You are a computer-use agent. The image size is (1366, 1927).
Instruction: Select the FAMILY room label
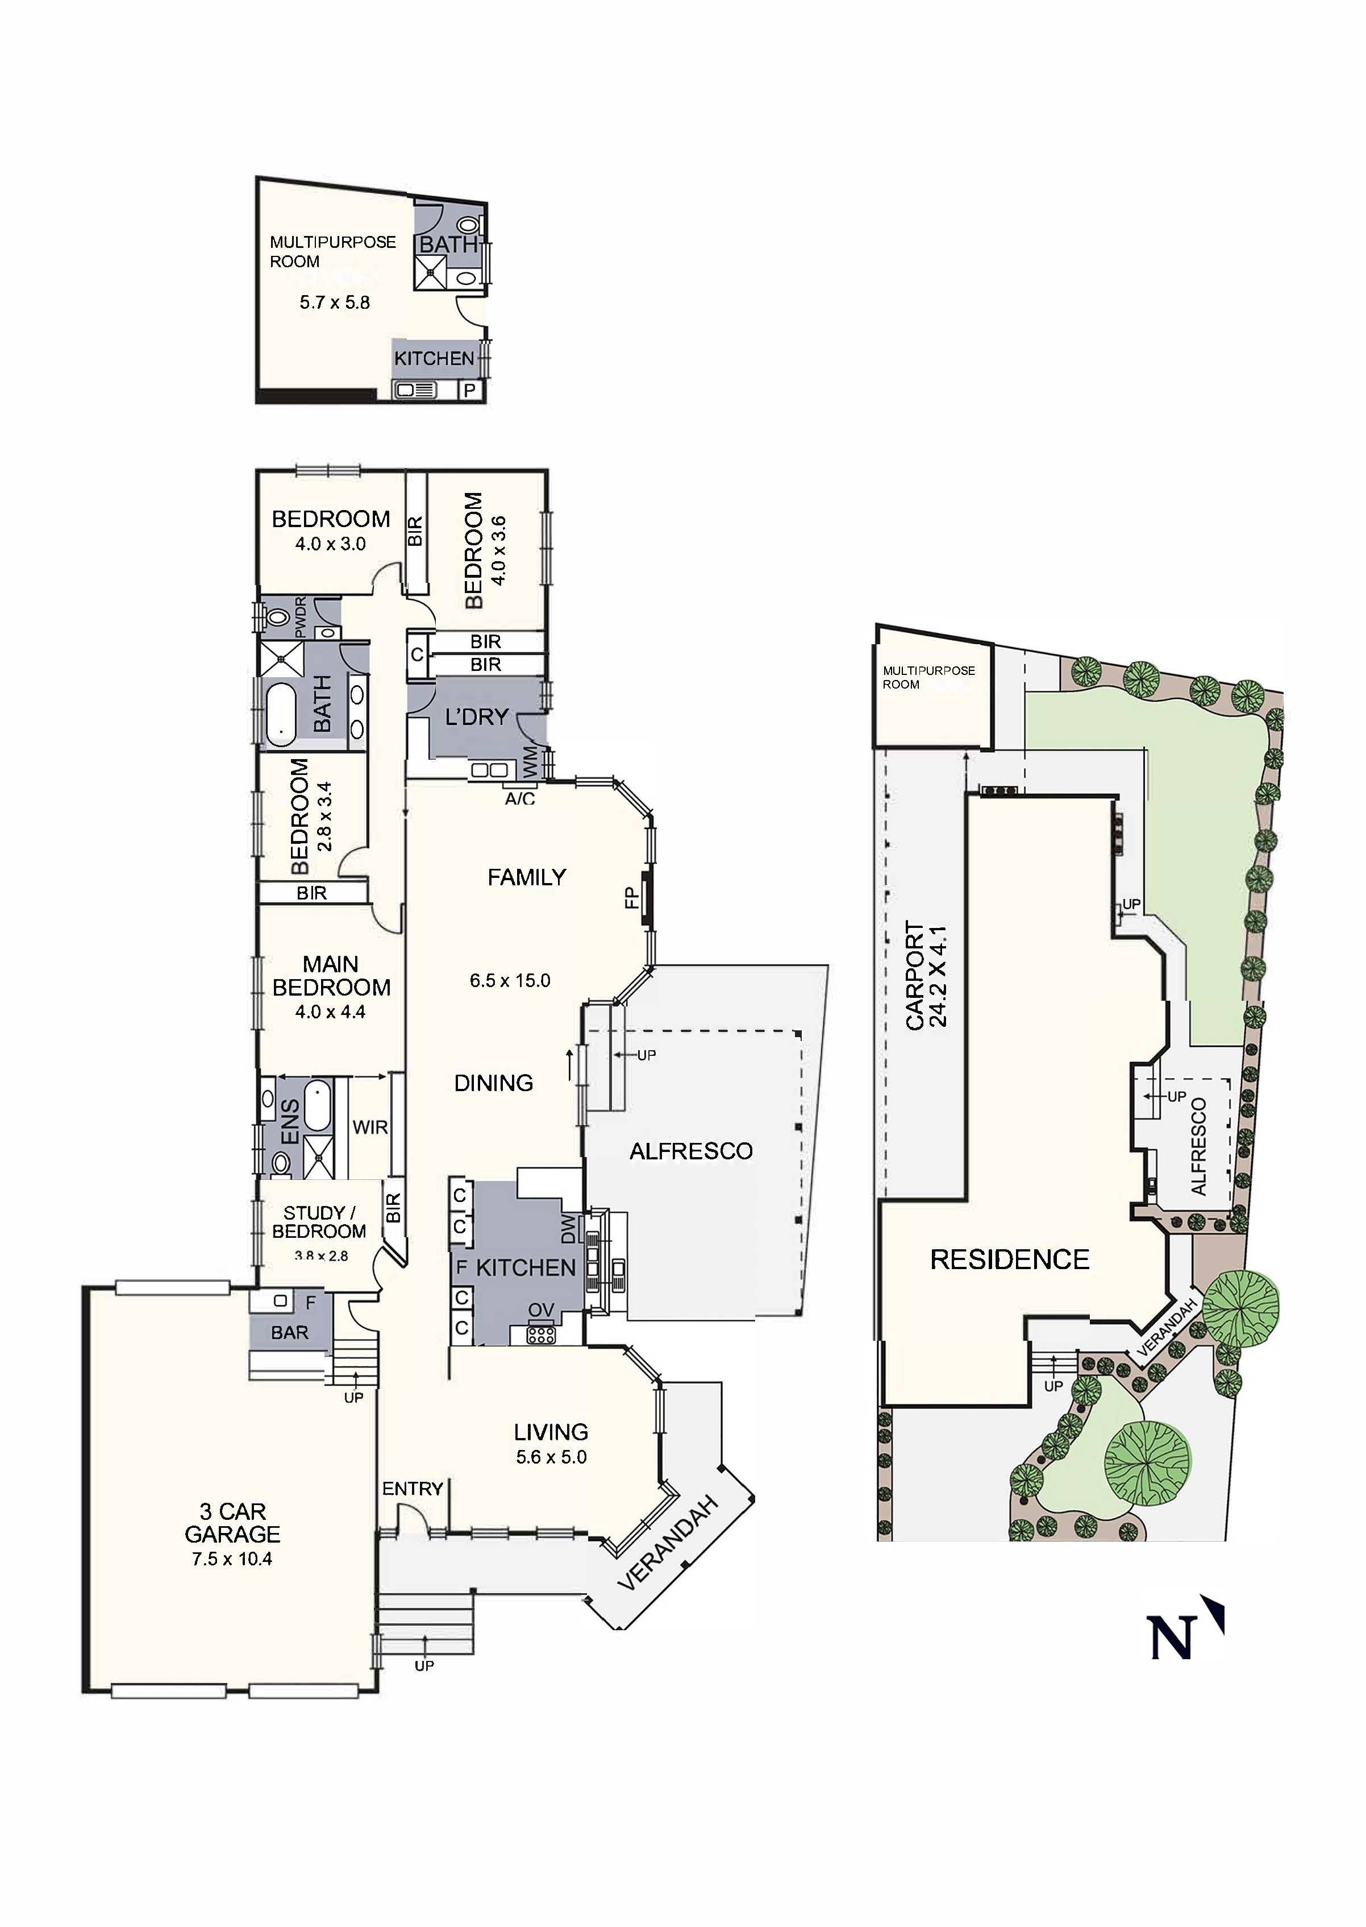(x=527, y=878)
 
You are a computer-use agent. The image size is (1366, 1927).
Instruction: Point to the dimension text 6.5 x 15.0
(x=510, y=980)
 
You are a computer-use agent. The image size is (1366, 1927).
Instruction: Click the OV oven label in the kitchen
(x=541, y=1310)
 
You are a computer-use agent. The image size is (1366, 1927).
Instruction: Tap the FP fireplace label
(x=632, y=900)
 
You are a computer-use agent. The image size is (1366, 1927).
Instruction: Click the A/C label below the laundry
(x=520, y=798)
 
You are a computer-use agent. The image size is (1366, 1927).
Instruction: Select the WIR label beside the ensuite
(x=369, y=1127)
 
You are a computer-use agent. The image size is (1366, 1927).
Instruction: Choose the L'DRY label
(x=477, y=717)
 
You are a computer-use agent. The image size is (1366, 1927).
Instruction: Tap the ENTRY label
(x=412, y=1489)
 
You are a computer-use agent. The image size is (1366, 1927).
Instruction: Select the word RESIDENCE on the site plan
(x=1009, y=1259)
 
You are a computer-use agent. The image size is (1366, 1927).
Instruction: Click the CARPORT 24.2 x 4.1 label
(x=926, y=976)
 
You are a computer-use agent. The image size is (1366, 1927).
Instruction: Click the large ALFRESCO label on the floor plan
(x=690, y=1151)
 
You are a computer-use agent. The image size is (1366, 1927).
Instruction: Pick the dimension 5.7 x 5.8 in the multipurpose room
(x=335, y=302)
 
